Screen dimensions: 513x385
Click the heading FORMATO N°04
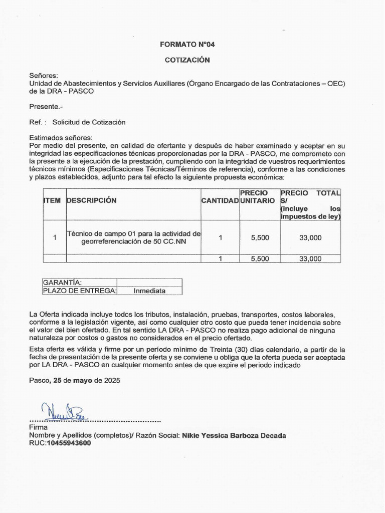[187, 44]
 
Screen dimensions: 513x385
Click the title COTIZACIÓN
[187, 60]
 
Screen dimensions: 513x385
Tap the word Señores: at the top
[44, 75]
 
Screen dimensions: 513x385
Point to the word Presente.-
[46, 106]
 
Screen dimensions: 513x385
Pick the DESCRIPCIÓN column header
[91, 200]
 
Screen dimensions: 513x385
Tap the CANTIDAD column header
[220, 200]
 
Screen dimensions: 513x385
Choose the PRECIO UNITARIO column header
[258, 196]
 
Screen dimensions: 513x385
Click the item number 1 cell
[54, 238]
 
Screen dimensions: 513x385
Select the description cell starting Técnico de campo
[133, 237]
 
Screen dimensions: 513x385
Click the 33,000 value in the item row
[310, 238]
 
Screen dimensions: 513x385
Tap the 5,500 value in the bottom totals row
[260, 259]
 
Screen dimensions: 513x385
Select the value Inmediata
[149, 291]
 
